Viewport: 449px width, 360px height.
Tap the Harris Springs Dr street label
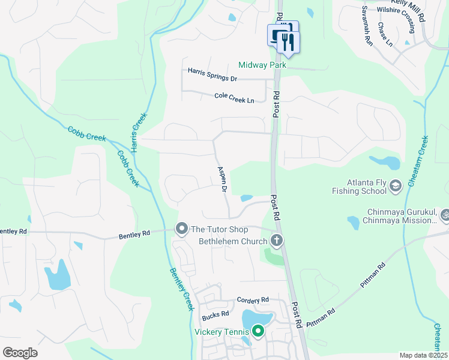(212, 74)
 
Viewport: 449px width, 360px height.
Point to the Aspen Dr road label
(220, 179)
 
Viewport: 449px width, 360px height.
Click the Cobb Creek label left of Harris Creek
(86, 133)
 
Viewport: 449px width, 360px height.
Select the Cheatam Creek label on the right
(417, 160)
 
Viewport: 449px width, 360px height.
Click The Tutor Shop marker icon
(181, 229)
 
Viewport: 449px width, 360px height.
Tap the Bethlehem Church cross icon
(277, 241)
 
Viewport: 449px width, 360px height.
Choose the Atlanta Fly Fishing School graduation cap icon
(396, 187)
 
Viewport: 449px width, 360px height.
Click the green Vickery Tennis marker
(258, 331)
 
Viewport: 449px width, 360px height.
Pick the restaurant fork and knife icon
(289, 41)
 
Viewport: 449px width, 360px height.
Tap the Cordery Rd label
(253, 300)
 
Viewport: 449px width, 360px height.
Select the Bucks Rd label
(215, 314)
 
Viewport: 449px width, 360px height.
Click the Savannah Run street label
(367, 26)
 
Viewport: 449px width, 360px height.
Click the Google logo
(20, 353)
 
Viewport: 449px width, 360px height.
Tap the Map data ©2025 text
(423, 355)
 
